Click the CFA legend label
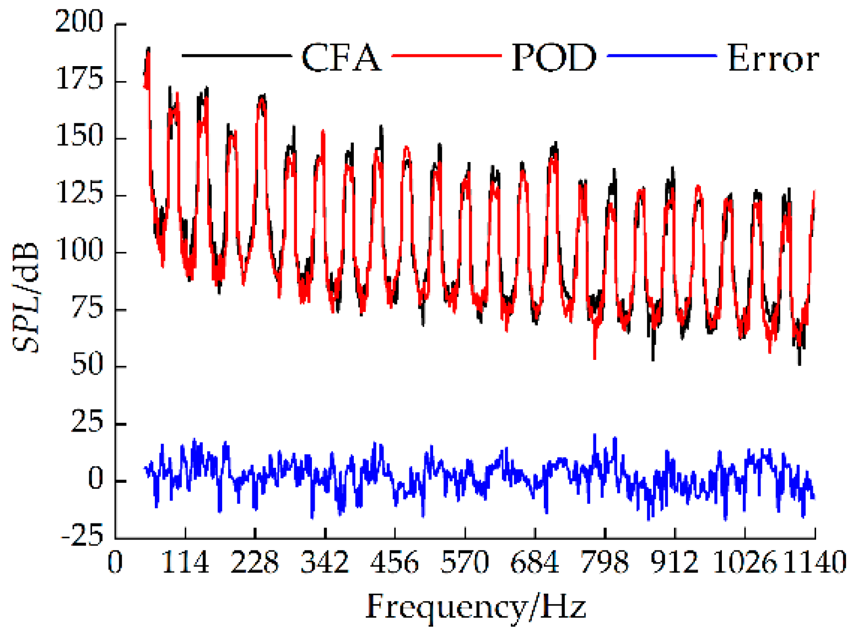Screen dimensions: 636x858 click(x=341, y=57)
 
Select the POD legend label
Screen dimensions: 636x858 click(x=554, y=57)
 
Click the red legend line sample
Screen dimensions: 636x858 click(x=446, y=56)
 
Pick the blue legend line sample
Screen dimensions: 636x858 click(x=661, y=56)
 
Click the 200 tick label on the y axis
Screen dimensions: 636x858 click(x=79, y=23)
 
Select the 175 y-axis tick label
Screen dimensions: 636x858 click(x=79, y=80)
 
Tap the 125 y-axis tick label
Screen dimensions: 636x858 click(x=79, y=195)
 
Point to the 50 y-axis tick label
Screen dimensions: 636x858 click(x=87, y=365)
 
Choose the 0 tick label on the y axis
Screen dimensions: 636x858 click(x=96, y=479)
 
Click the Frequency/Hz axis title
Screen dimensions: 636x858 click(x=476, y=607)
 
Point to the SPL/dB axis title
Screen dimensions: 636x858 click(x=26, y=297)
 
